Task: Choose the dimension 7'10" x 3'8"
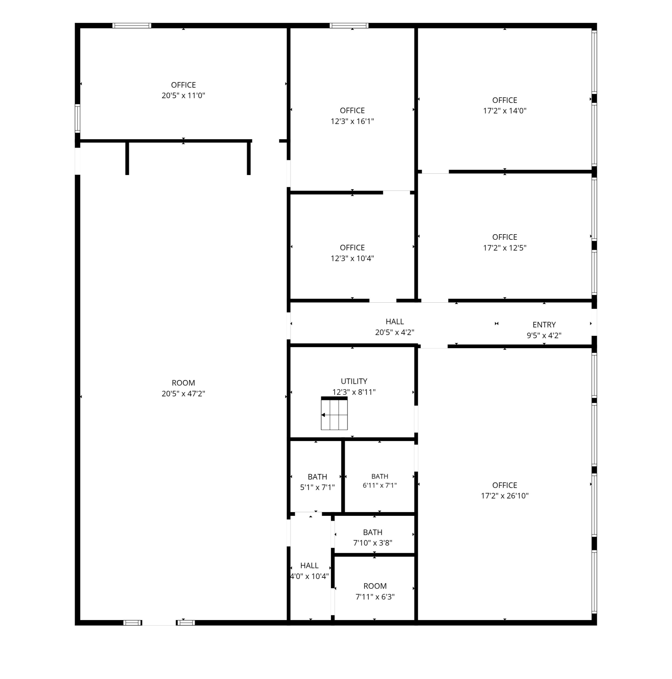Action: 372,543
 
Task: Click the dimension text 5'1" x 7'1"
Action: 317,488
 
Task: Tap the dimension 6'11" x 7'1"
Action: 379,485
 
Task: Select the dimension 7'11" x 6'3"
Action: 375,597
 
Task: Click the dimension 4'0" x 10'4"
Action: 309,576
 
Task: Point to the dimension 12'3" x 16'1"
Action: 352,121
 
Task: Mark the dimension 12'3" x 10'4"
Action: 352,258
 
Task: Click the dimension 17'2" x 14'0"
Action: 504,111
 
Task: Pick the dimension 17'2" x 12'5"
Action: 504,248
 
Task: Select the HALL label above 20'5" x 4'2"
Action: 394,321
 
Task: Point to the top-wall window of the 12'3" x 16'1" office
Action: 349,25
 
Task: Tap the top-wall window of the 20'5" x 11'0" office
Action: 132,25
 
